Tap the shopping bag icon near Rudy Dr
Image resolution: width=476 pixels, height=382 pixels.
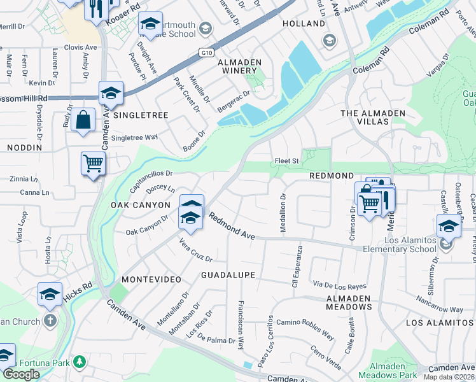(x=83, y=120)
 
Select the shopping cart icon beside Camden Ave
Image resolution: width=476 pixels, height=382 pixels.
(x=93, y=164)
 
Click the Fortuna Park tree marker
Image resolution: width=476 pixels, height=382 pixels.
(x=80, y=362)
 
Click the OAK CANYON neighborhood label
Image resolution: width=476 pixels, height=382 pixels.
(x=141, y=205)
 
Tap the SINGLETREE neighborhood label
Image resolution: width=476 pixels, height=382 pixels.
(x=141, y=115)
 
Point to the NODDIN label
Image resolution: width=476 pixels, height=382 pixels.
(x=24, y=147)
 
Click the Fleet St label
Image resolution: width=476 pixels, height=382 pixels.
(x=286, y=161)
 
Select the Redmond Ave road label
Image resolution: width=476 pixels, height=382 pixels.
(x=232, y=227)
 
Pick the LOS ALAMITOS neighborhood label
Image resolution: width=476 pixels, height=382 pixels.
(x=440, y=323)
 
